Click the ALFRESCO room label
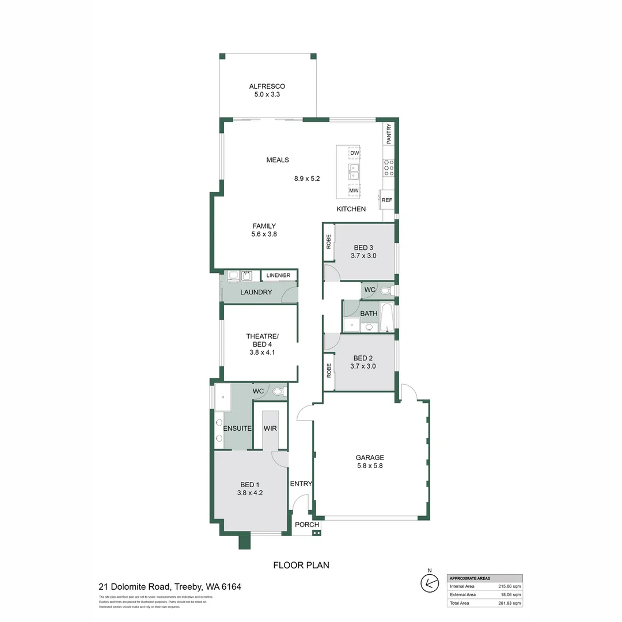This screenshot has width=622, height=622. tap(267, 86)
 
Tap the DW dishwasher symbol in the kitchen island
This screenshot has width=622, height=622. tap(354, 153)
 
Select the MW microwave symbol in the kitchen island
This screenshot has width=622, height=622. tap(354, 191)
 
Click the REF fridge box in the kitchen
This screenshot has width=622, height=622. tap(387, 200)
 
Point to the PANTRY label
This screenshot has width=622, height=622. tap(389, 134)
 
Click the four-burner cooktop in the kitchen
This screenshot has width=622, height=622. tap(389, 168)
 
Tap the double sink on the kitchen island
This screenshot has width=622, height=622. tap(353, 171)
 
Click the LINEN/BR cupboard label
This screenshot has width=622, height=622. tap(278, 276)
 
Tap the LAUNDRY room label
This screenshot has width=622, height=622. tap(256, 292)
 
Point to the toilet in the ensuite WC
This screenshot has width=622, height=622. tap(278, 392)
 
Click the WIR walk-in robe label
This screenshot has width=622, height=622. tap(270, 428)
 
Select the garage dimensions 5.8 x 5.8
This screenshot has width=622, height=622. tap(369, 466)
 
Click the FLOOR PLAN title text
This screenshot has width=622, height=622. tap(301, 565)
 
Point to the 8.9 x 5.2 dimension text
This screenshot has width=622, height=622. tap(306, 179)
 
